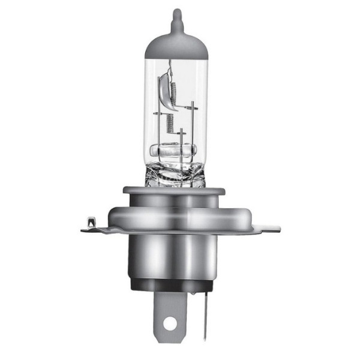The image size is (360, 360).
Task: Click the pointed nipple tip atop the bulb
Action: click(176, 13)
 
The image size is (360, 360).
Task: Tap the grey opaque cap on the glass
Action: click(176, 45)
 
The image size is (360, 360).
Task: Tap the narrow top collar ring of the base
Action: click(174, 191)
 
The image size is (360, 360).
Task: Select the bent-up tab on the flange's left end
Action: click(91, 224)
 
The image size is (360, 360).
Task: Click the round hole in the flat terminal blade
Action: click(170, 324)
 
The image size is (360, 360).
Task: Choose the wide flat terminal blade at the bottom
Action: click(170, 309)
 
